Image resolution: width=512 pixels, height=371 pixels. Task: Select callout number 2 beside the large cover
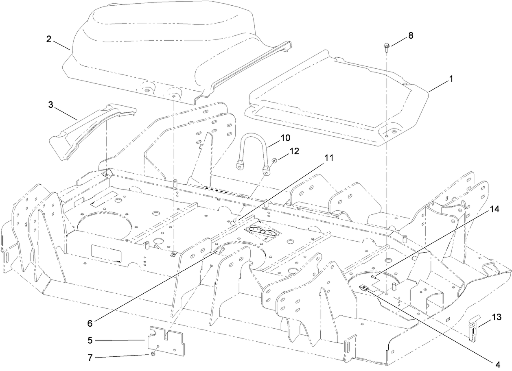[48, 39]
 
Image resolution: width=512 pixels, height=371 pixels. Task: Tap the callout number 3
[50, 105]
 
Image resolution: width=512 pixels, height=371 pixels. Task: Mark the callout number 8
[411, 35]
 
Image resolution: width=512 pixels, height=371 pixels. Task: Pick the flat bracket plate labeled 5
[167, 340]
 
